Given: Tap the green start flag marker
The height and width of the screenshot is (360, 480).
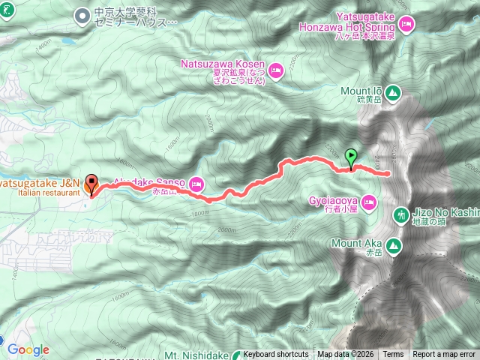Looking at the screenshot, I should click(x=351, y=157).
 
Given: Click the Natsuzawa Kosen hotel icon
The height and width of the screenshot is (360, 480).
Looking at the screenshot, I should click(x=275, y=70).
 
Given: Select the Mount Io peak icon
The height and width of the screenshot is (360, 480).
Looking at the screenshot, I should click(x=394, y=93).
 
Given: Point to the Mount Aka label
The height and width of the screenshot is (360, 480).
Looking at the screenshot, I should click(x=356, y=243).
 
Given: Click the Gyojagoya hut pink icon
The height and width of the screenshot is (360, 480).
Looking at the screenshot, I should click(x=368, y=201).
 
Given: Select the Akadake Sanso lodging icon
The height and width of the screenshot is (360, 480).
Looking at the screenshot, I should click(x=196, y=182).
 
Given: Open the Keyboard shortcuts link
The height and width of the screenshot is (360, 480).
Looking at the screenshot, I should click(x=275, y=355).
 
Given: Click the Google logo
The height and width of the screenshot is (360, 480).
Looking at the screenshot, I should click(x=28, y=349).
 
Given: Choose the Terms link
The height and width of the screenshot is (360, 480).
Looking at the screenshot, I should click(x=393, y=355).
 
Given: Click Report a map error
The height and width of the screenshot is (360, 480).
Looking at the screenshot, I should click(x=444, y=355).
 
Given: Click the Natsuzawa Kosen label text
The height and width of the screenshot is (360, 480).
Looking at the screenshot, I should click(x=223, y=65).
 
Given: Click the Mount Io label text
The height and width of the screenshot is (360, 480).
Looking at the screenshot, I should click(x=361, y=91).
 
